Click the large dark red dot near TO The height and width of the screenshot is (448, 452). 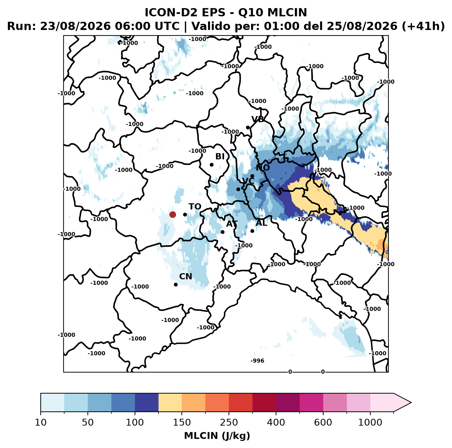click(x=173, y=214)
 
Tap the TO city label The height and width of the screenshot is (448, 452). click(x=195, y=207)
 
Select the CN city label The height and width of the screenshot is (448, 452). click(x=186, y=276)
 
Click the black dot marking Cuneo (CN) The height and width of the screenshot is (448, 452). click(x=176, y=284)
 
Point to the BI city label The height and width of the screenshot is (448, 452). click(x=220, y=156)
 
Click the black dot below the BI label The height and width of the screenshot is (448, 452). click(x=211, y=165)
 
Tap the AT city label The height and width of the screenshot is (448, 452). click(x=232, y=224)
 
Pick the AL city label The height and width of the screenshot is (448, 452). click(x=261, y=223)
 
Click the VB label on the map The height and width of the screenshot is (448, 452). click(x=258, y=119)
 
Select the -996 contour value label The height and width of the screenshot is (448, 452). click(x=257, y=361)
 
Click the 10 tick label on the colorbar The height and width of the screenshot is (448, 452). click(x=41, y=422)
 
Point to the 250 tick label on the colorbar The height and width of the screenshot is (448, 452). click(x=229, y=422)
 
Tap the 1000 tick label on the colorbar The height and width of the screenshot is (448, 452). click(x=370, y=422)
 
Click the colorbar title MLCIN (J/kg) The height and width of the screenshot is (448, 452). click(x=217, y=436)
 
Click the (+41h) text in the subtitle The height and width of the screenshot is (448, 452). click(x=423, y=26)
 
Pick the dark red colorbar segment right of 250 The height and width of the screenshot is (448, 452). click(x=241, y=403)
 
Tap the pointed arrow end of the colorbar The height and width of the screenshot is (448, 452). click(x=411, y=403)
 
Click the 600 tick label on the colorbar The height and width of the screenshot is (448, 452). click(x=323, y=422)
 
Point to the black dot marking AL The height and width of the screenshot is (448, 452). click(x=252, y=231)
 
